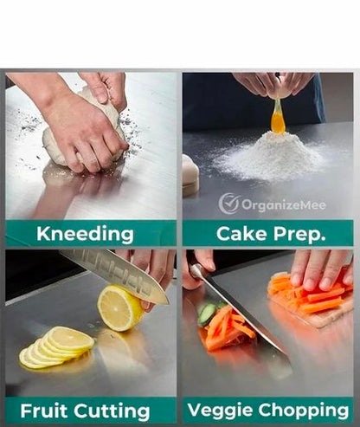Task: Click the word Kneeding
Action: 85,234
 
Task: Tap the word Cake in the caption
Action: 241,233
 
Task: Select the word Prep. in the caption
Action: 299,235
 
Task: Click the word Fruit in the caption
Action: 44,411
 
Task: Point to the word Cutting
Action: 112,411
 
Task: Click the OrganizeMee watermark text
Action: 284,205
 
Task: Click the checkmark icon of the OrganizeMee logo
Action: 229,204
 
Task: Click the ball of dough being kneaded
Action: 84,130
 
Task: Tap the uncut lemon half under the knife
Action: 119,307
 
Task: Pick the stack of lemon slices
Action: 56,347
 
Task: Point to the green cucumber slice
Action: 207,314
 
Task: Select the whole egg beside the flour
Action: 190,176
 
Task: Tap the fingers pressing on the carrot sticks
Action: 320,270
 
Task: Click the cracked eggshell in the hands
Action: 277,89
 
